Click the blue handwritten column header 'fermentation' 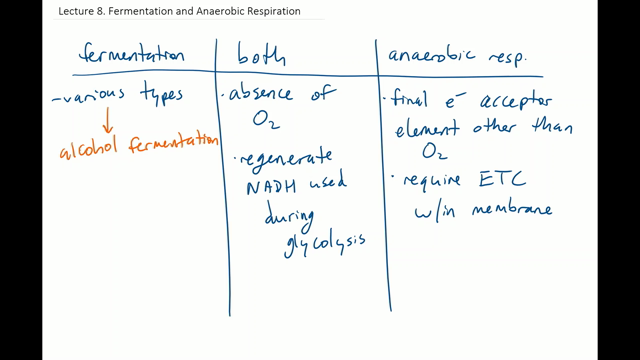[130, 56]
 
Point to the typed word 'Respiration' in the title [268, 12]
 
